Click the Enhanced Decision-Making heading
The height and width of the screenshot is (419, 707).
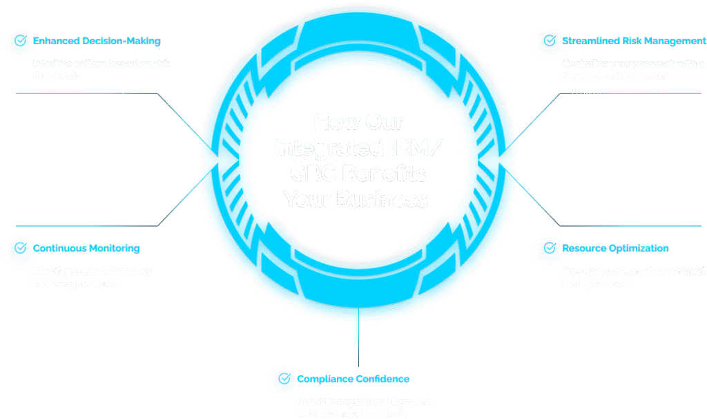click(97, 41)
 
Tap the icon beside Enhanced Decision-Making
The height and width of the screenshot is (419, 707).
click(19, 41)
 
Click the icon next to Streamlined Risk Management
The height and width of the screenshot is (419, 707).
click(549, 41)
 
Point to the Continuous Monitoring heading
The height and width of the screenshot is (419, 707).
click(86, 248)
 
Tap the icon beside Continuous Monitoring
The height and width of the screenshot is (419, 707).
click(19, 248)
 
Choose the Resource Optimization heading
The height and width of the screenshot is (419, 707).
click(615, 248)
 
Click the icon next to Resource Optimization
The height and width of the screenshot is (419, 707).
click(549, 248)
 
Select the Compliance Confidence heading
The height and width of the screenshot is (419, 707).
click(353, 379)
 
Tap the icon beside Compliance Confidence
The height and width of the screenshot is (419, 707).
click(283, 380)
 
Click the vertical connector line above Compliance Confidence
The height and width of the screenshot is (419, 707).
click(358, 342)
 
